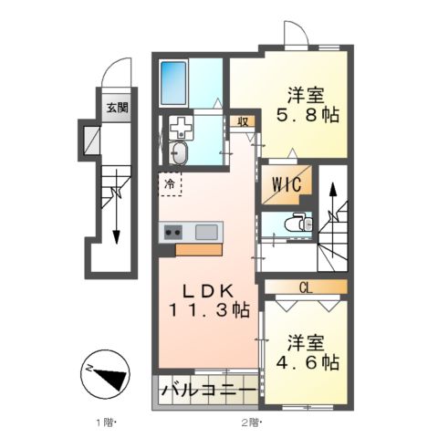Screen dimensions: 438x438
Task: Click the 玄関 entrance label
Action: pyautogui.click(x=116, y=107)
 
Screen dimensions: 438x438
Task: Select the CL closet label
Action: pyautogui.click(x=305, y=288)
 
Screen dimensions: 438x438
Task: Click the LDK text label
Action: pyautogui.click(x=210, y=290)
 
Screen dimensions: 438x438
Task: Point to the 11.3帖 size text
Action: pyautogui.click(x=209, y=311)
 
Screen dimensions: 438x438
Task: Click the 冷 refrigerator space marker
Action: pyautogui.click(x=170, y=184)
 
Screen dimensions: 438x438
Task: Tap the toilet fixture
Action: pyautogui.click(x=295, y=223)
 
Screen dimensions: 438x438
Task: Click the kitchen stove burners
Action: pyautogui.click(x=172, y=233)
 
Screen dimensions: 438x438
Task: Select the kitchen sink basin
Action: pyautogui.click(x=206, y=232)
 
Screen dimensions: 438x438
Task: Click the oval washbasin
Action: pyautogui.click(x=180, y=152)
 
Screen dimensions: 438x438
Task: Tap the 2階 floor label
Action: pyautogui.click(x=249, y=422)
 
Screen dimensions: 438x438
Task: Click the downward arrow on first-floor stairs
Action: pyautogui.click(x=117, y=219)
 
